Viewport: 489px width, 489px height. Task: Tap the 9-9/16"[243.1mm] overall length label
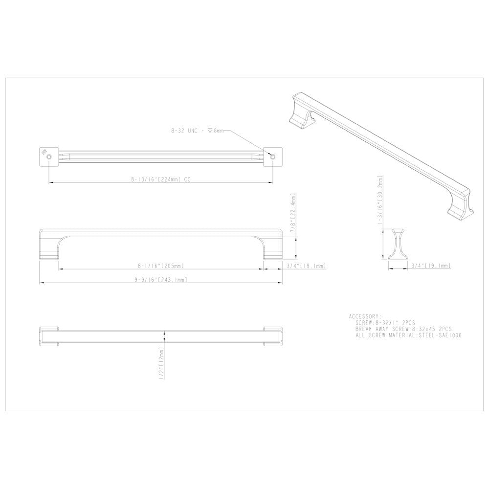tap(161, 280)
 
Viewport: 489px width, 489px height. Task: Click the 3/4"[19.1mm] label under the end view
tap(430, 266)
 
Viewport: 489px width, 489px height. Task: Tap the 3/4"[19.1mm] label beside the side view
tap(307, 266)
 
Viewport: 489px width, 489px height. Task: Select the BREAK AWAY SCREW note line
tap(403, 329)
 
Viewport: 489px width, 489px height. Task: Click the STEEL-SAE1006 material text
tap(440, 335)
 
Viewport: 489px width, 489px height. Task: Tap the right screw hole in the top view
tap(273, 156)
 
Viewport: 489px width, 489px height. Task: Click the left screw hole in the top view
tap(49, 156)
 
